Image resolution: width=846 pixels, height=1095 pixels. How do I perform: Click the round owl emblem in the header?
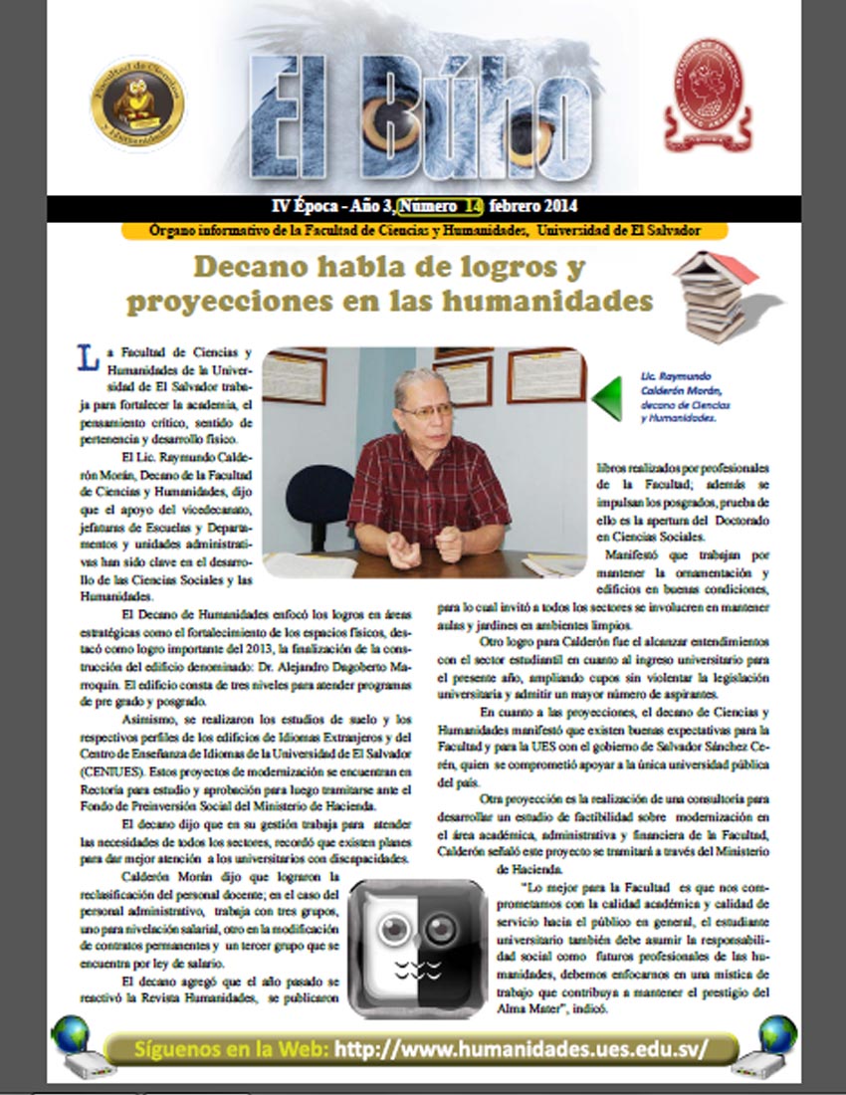point(137,104)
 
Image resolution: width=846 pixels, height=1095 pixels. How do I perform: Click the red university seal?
point(709,96)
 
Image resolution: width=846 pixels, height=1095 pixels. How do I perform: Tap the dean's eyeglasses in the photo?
point(426,409)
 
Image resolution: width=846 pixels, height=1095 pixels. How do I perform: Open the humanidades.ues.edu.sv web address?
point(522,1048)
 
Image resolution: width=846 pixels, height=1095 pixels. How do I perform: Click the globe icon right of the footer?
point(777,1035)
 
